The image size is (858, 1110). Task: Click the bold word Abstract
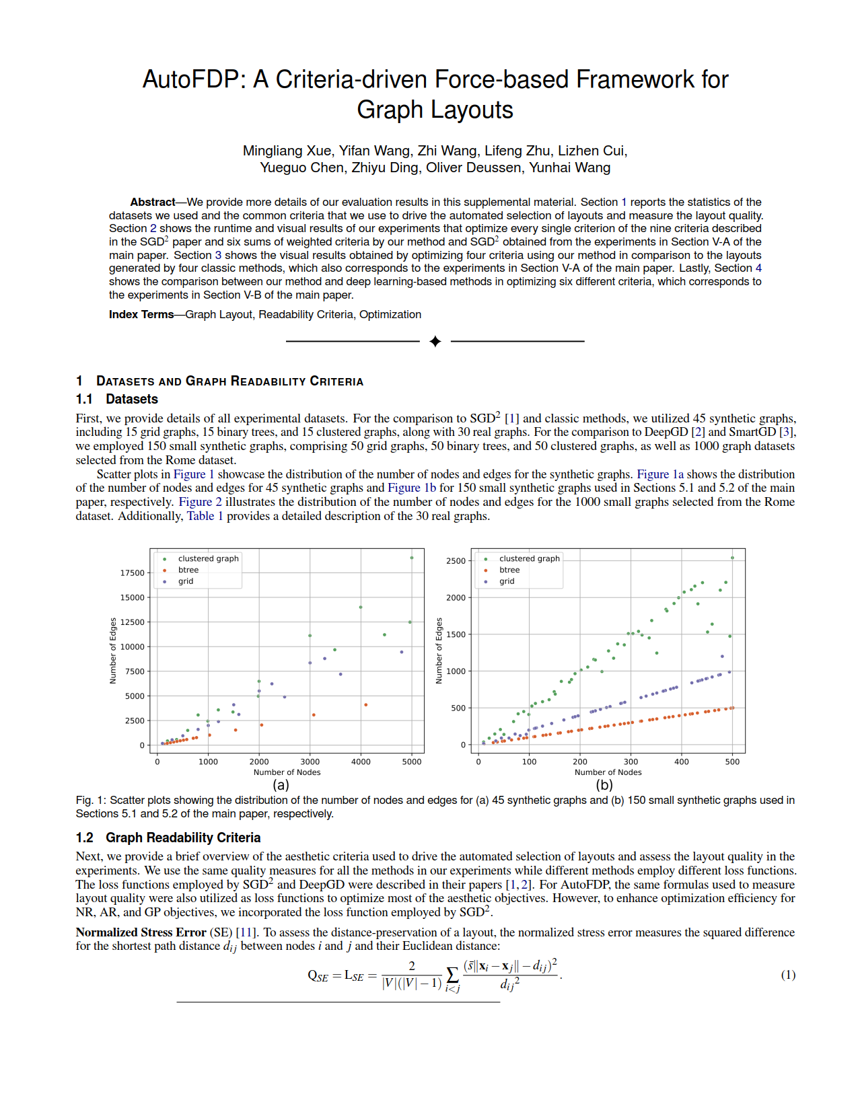click(153, 202)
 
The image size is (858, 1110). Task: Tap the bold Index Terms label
click(141, 314)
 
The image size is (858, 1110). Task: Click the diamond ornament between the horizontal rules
click(435, 342)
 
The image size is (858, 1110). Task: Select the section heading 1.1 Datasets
click(117, 399)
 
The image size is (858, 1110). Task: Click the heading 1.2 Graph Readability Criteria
click(168, 838)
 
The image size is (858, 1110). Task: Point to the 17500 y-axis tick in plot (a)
click(133, 573)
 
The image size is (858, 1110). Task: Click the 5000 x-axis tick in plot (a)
click(412, 762)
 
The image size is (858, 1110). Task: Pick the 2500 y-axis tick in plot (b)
click(456, 561)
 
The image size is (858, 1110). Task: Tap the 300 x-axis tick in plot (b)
click(631, 762)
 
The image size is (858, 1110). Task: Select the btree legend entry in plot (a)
click(188, 570)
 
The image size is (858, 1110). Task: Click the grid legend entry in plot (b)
click(507, 581)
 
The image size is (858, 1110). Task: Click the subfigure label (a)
click(281, 784)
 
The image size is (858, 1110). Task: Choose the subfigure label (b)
click(604, 784)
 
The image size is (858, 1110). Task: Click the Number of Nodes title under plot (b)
click(608, 772)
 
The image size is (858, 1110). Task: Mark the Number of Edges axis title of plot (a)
click(113, 651)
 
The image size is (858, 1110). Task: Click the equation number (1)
click(788, 975)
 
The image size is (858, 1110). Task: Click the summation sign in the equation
click(452, 975)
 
